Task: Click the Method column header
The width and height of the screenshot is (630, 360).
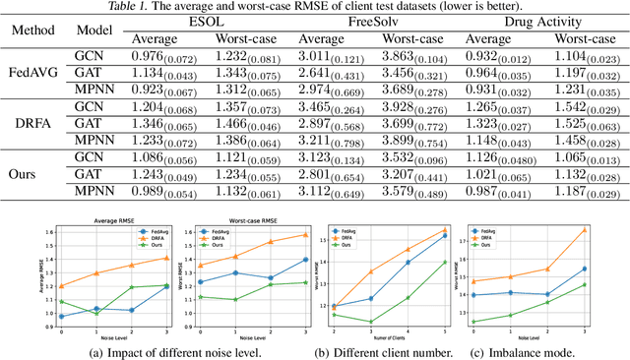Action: [x=35, y=30]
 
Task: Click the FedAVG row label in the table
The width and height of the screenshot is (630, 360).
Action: [x=35, y=71]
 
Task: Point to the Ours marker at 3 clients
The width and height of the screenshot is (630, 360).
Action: [x=371, y=321]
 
